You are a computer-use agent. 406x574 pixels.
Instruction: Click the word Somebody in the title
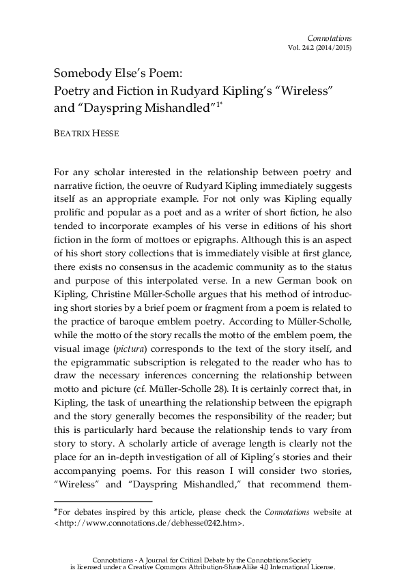point(84,72)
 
